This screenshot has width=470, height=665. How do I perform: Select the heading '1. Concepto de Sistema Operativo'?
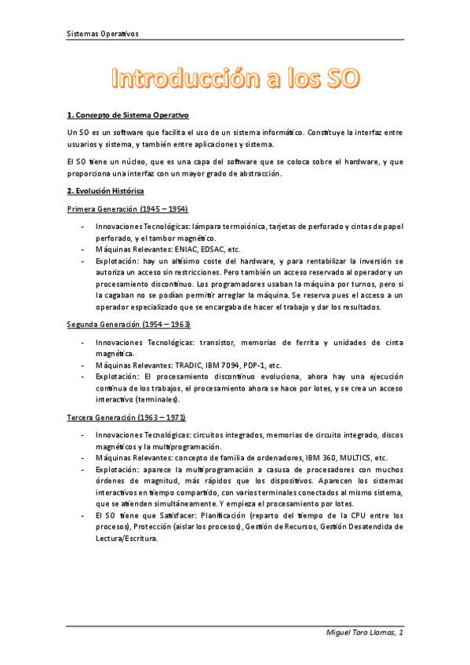coord(129,115)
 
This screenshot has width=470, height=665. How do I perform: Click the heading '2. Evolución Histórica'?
coord(105,191)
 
